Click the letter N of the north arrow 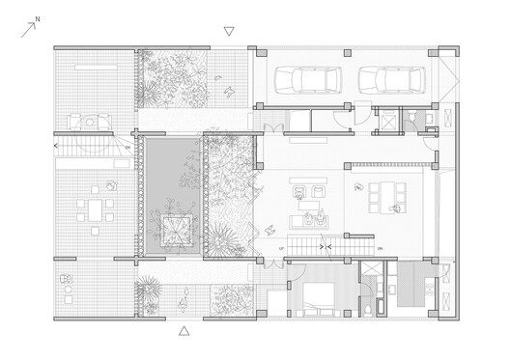(37, 17)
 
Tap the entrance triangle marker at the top (228, 31)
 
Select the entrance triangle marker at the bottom (184, 331)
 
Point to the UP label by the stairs (281, 249)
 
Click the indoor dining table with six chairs (386, 196)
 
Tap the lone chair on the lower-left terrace (65, 279)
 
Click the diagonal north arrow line (26, 29)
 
